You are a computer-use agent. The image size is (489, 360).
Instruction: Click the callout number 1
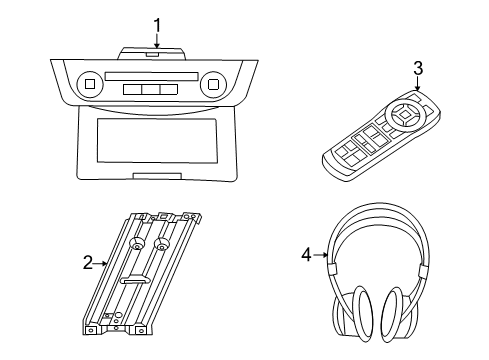click(156, 25)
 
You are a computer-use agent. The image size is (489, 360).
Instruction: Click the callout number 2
click(88, 263)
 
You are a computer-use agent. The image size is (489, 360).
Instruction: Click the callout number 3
click(418, 68)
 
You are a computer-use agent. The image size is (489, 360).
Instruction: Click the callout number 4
click(306, 254)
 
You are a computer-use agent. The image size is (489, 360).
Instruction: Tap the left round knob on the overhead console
click(89, 85)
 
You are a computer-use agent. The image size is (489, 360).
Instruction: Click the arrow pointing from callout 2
click(101, 264)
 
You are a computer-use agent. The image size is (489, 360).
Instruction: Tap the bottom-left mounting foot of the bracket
click(93, 326)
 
